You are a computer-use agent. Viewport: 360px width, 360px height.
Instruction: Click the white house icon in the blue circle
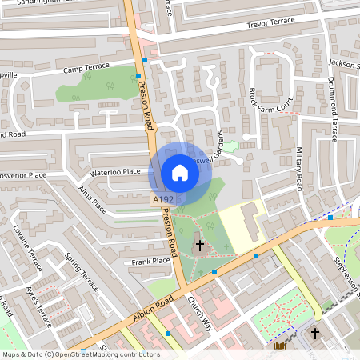[x=180, y=173]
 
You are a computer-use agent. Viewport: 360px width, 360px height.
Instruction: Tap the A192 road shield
[x=162, y=199]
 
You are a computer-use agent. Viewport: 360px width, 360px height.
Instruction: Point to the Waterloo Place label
[x=115, y=172]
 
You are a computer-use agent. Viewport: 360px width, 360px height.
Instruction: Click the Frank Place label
[x=151, y=261]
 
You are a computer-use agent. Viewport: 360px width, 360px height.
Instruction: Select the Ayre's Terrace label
[x=38, y=306]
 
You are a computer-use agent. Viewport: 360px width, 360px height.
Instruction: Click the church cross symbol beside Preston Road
[x=199, y=246]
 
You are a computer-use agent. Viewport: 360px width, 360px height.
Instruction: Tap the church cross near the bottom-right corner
[x=315, y=333]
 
